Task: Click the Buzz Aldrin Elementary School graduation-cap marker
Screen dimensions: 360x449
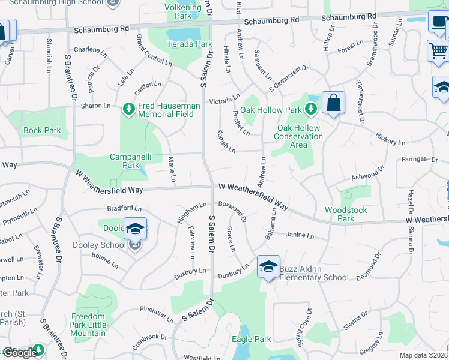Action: [x=268, y=266]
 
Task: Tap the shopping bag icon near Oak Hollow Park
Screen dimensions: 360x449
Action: [x=333, y=103]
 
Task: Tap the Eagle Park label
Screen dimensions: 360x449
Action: [x=252, y=340]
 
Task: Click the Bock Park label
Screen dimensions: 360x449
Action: [x=42, y=130]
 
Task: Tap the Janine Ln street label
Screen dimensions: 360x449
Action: [x=300, y=236]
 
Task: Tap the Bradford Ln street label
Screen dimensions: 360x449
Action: [x=124, y=209]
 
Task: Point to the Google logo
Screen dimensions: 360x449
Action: [x=19, y=352]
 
